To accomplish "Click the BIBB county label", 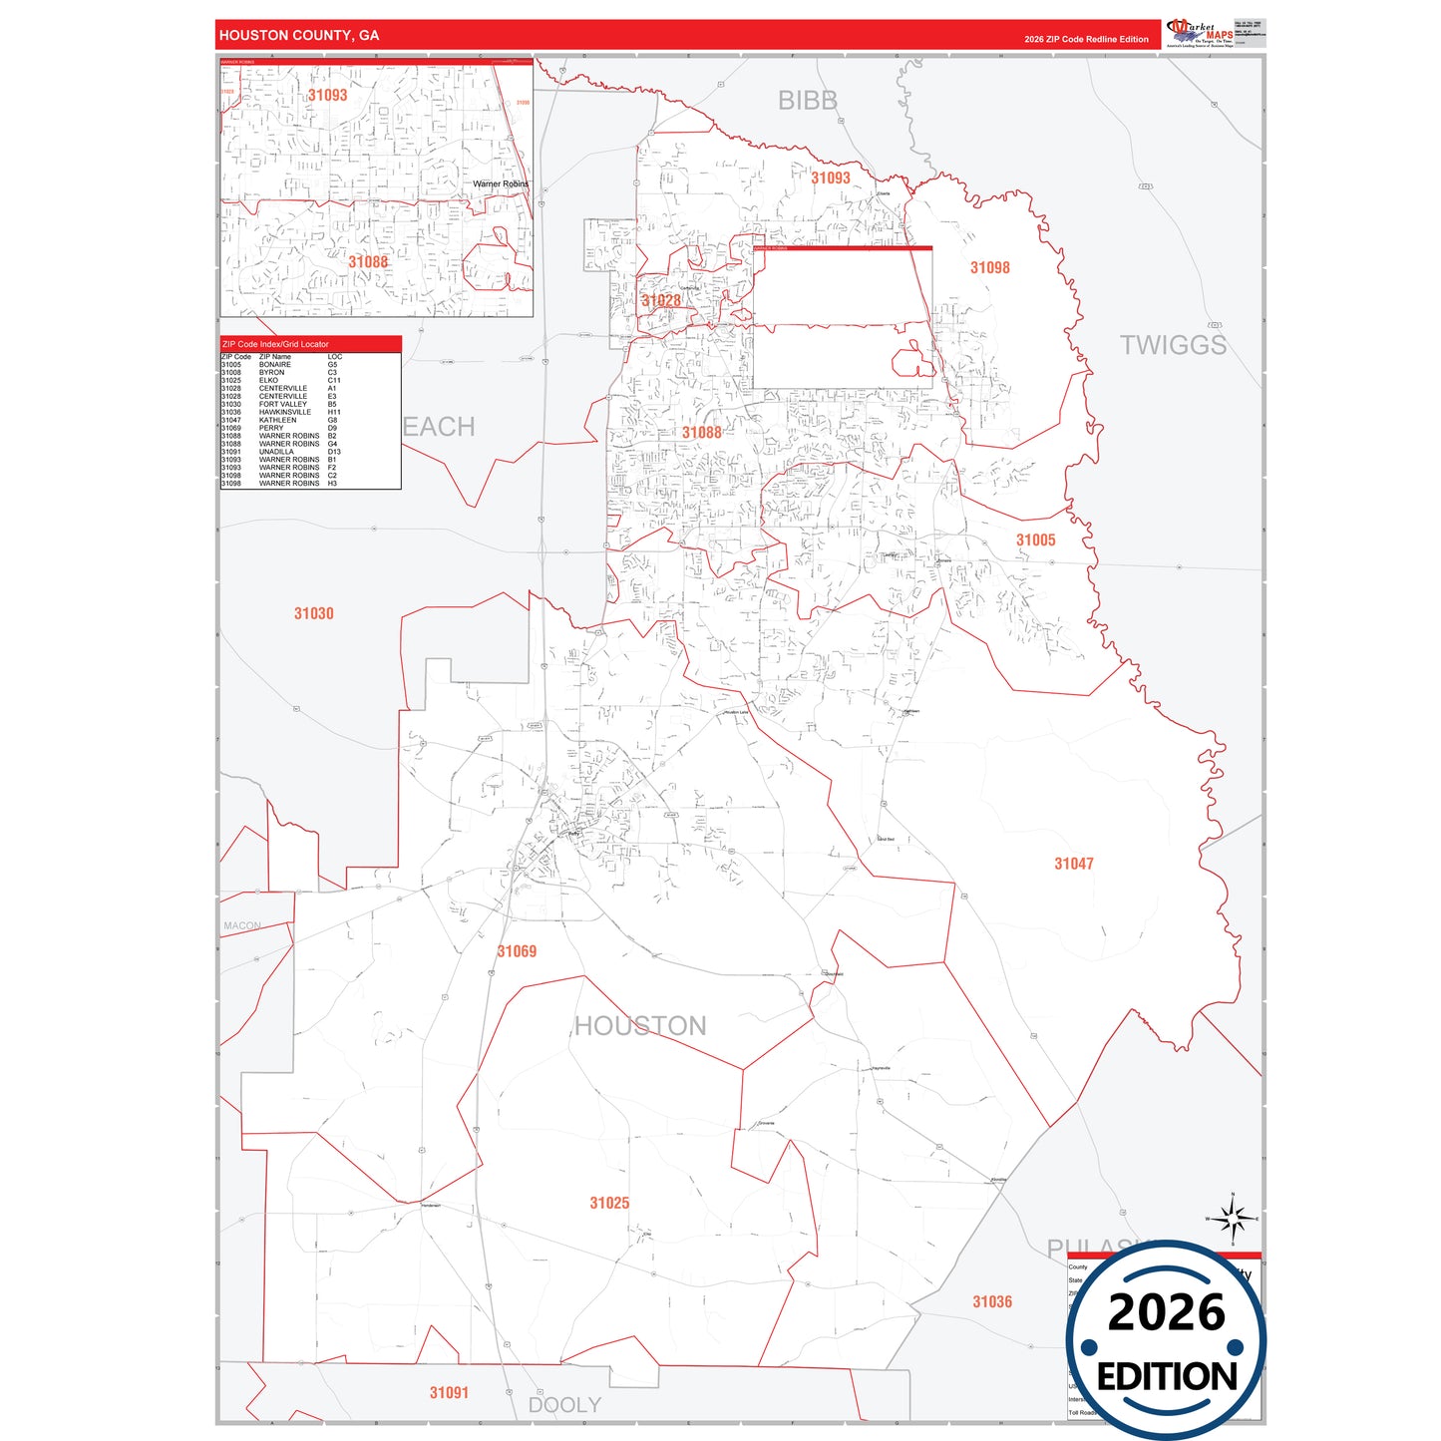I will (807, 101).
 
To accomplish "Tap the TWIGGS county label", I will (1172, 345).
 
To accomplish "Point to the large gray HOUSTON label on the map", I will (640, 1026).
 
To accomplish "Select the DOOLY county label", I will (564, 1405).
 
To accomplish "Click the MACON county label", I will (242, 926).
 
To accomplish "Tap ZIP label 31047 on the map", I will (1073, 864).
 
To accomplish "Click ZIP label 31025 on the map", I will (609, 1203).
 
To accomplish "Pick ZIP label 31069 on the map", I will (517, 951).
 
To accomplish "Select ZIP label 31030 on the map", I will (313, 613).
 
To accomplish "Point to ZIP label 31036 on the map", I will (992, 1301).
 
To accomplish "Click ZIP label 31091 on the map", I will (449, 1392).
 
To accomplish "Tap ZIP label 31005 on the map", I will (1035, 540).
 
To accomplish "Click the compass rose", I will (1233, 1219).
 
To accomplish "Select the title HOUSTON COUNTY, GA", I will (299, 35).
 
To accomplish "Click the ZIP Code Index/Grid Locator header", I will (275, 344).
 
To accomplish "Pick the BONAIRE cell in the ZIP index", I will (275, 365).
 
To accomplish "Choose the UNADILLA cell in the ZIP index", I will (276, 452).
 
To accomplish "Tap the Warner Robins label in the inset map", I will (501, 183).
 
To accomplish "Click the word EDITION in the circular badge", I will (1167, 1377).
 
